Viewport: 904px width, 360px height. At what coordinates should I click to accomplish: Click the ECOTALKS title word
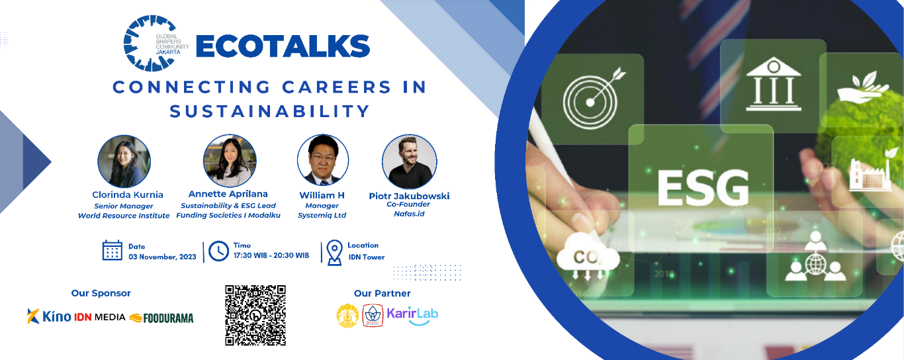click(x=283, y=47)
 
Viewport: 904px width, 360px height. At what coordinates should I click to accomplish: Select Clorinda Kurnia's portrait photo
click(x=124, y=161)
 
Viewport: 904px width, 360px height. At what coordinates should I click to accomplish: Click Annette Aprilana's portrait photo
click(x=230, y=161)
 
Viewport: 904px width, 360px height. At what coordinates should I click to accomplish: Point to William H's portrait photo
click(x=323, y=160)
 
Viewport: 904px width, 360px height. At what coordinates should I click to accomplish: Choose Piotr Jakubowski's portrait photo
click(x=410, y=162)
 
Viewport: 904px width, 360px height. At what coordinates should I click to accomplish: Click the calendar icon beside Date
click(x=113, y=250)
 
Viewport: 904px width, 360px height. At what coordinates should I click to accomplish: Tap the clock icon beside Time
click(x=219, y=251)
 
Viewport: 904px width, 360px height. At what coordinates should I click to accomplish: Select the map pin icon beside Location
click(x=334, y=253)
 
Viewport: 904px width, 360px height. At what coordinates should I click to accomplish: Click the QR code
click(x=255, y=315)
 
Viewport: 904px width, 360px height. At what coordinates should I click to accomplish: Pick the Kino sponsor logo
click(x=49, y=316)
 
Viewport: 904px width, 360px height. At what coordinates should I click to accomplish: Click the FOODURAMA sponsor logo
click(x=161, y=318)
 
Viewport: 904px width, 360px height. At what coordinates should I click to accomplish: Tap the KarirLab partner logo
click(x=412, y=316)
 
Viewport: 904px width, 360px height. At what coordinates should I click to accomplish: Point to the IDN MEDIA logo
click(x=100, y=317)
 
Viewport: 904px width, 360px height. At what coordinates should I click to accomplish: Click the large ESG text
click(x=703, y=188)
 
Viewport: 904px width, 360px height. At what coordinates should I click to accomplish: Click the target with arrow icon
click(x=593, y=99)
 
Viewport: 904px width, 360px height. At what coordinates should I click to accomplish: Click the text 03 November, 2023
click(x=162, y=257)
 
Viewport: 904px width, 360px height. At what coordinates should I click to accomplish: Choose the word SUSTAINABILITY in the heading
click(x=269, y=111)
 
